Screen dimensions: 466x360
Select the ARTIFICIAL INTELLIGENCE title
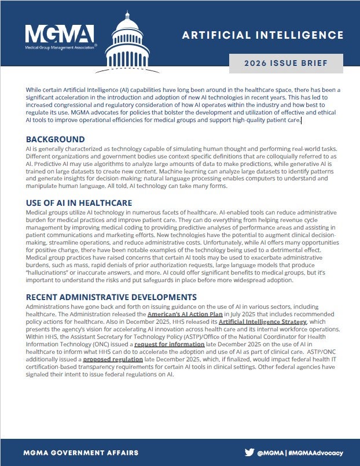coord(263,35)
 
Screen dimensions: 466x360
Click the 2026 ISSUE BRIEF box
coord(286,64)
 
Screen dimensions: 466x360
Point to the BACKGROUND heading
coord(56,139)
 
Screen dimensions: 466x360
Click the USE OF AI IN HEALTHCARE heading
coord(79,203)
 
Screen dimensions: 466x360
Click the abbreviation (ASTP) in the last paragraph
coord(179,336)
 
